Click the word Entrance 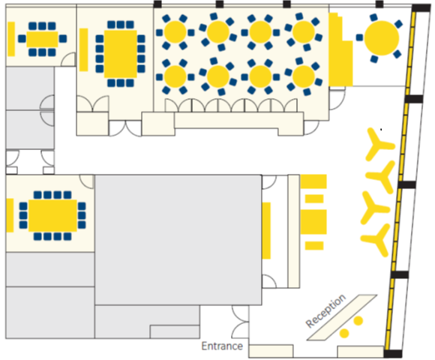coord(222,346)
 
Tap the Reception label coord(325,310)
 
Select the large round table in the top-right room coord(382,38)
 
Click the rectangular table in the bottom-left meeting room coord(52,215)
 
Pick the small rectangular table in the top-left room coord(42,39)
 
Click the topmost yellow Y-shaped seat coord(379,144)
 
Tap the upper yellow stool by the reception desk coord(358,320)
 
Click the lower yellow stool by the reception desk coord(344,333)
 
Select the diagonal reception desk coord(342,317)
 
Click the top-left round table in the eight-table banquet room coord(175,32)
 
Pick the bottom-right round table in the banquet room coord(304,76)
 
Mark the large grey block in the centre coord(178,240)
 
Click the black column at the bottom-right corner coord(393,353)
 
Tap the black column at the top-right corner coord(421,7)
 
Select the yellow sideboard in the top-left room coord(11,39)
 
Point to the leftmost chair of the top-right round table coord(359,37)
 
